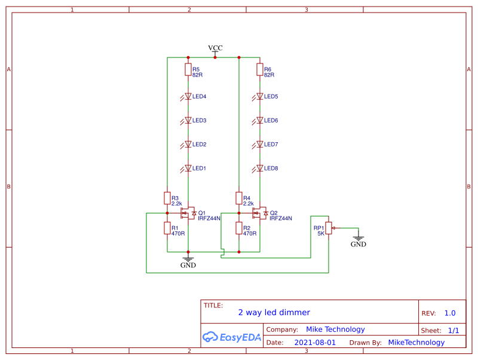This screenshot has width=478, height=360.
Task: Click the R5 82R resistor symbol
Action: [x=188, y=70]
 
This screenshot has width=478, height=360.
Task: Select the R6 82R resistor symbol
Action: [x=259, y=70]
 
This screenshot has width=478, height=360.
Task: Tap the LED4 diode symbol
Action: [x=188, y=96]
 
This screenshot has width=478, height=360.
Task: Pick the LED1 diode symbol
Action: [x=188, y=168]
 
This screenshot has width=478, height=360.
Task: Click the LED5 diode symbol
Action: [x=259, y=96]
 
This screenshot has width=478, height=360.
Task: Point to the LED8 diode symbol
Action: [x=259, y=168]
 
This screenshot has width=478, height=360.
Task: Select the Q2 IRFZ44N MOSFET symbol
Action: [x=261, y=213]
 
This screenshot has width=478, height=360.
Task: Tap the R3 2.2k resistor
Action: [x=167, y=198]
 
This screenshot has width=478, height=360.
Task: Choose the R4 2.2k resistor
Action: [x=238, y=198]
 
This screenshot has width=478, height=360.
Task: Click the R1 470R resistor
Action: [x=167, y=228]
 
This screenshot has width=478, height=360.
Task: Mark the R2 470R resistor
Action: [x=238, y=228]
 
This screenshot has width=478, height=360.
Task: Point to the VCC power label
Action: [x=215, y=48]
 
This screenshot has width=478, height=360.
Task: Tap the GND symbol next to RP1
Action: [x=358, y=240]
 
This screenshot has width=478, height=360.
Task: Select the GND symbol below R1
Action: [x=188, y=261]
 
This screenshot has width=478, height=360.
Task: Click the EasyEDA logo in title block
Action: [x=232, y=337]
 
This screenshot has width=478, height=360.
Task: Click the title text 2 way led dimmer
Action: [x=274, y=312]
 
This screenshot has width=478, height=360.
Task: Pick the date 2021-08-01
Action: [x=315, y=343]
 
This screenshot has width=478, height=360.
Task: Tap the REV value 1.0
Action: [x=450, y=313]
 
